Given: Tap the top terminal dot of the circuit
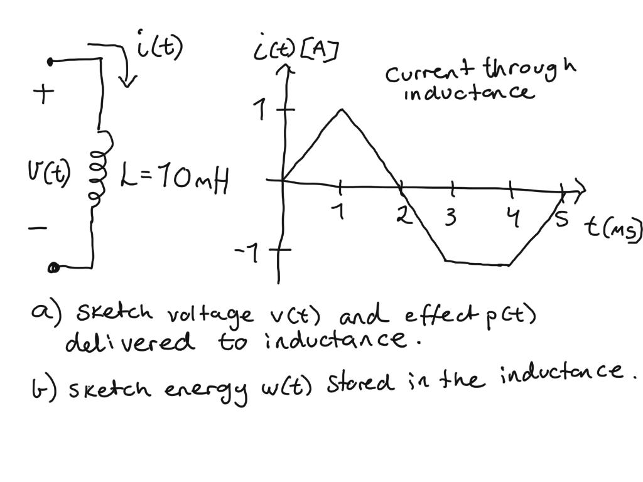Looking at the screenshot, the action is (x=51, y=61).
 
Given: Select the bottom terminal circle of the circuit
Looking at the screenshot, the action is (x=54, y=268).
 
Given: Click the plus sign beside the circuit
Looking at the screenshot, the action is (x=44, y=95).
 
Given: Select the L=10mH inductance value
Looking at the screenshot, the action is (x=173, y=179).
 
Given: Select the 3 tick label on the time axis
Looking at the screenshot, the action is (x=450, y=218).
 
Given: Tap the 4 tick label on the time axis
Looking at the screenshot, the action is (x=514, y=217).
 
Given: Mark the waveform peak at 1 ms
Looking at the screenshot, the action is (x=341, y=110).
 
